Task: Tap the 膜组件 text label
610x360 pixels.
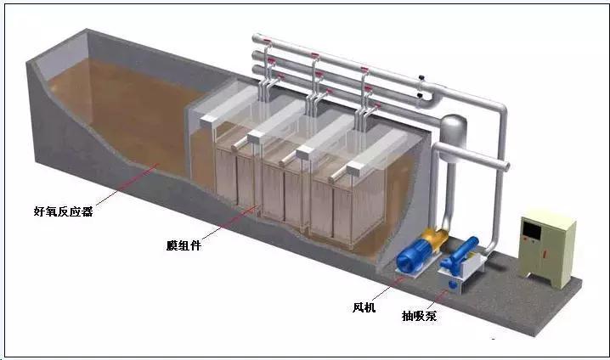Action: (185, 245)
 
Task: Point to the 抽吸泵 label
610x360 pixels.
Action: (420, 317)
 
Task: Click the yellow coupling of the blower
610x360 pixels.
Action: (436, 241)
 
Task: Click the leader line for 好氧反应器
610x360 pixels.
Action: (127, 183)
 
